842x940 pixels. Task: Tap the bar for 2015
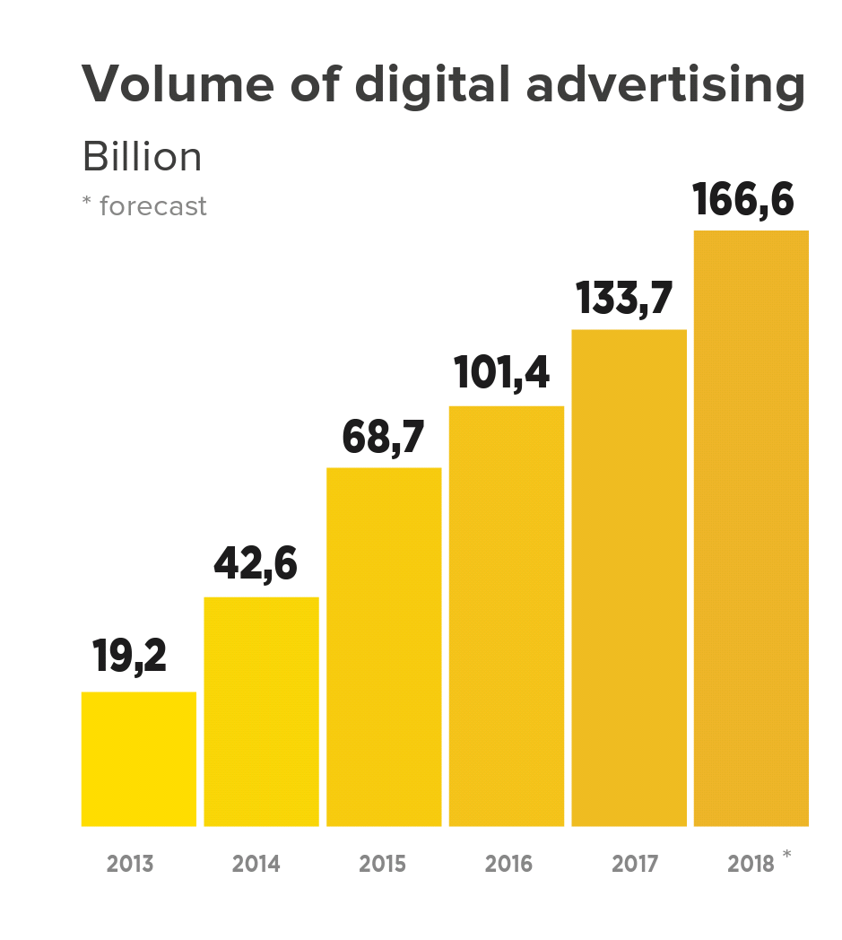(x=384, y=647)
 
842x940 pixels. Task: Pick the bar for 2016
(x=507, y=616)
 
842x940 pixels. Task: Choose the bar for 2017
(x=629, y=578)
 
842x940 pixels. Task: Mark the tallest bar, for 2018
(x=751, y=528)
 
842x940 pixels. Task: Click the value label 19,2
(x=130, y=657)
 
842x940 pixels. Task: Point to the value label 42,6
(x=256, y=564)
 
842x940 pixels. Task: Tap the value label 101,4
(x=502, y=373)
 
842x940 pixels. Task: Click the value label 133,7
(x=624, y=298)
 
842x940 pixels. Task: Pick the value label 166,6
(x=743, y=200)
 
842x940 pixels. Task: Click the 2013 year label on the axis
(x=130, y=865)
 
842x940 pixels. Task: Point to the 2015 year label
(x=383, y=865)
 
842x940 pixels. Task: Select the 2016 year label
(x=508, y=865)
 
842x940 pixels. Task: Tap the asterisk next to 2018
(x=786, y=855)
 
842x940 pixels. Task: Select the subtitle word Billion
(x=142, y=158)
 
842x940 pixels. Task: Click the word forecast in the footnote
(x=153, y=206)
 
